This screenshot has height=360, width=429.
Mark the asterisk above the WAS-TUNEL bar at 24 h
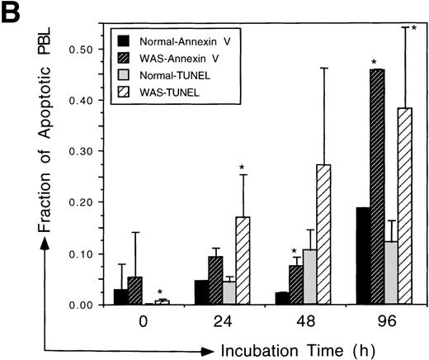(242, 168)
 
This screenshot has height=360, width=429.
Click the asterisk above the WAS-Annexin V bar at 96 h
(375, 62)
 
